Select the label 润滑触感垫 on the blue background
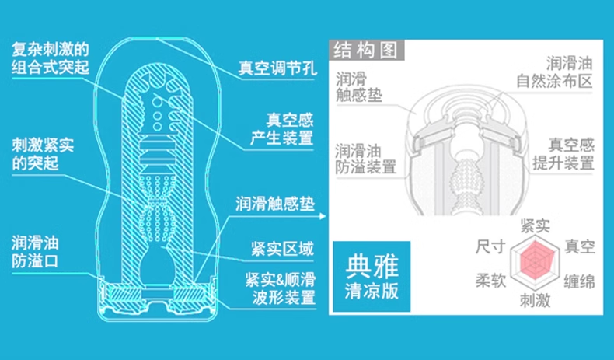[x=275, y=204]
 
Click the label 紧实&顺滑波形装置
[x=281, y=288]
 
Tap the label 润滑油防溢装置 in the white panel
[x=365, y=158]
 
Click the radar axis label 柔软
[x=490, y=281]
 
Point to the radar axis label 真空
[x=580, y=247]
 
